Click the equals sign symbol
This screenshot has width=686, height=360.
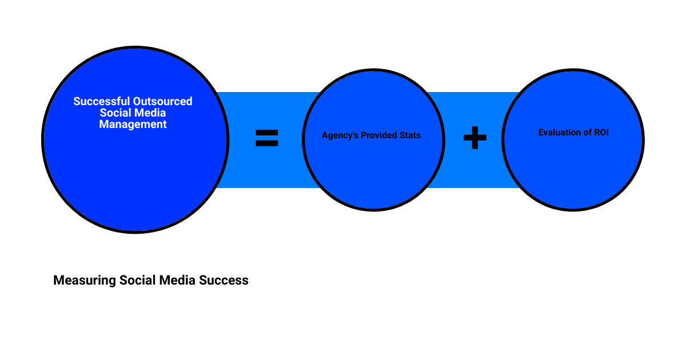click(x=266, y=138)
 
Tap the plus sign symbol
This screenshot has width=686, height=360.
click(x=474, y=138)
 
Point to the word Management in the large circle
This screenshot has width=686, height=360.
click(x=133, y=124)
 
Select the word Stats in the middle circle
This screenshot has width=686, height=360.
click(x=410, y=135)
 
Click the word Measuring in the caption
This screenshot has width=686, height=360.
click(x=85, y=281)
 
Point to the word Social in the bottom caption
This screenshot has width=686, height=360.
click(x=137, y=281)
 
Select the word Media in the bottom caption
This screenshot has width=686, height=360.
click(x=176, y=281)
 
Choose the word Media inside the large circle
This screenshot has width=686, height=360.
click(x=150, y=113)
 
